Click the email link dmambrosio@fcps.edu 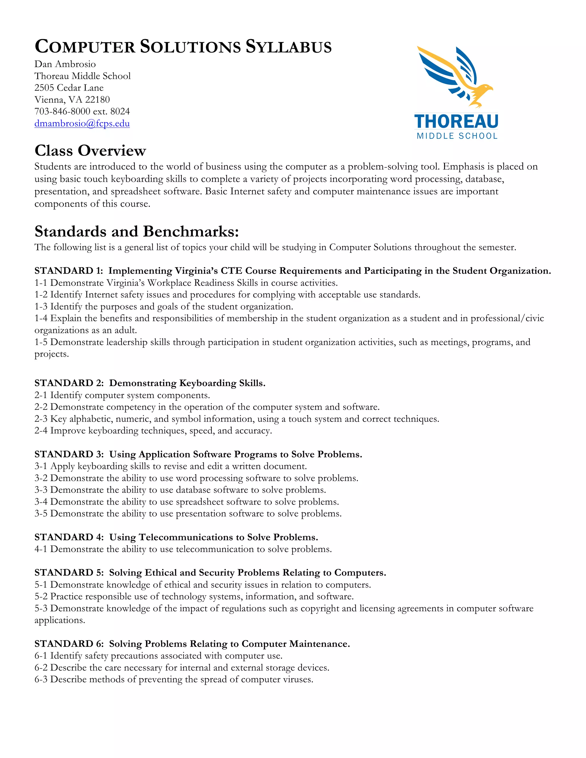pyautogui.click(x=82, y=124)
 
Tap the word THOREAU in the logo pyautogui.click(x=456, y=122)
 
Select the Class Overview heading pyautogui.click(x=90, y=151)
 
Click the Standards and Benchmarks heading pyautogui.click(x=137, y=231)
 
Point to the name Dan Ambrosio pyautogui.click(x=65, y=64)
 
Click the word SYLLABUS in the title pyautogui.click(x=289, y=47)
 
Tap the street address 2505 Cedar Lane pyautogui.click(x=69, y=88)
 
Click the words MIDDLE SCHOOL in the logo pyautogui.click(x=457, y=136)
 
